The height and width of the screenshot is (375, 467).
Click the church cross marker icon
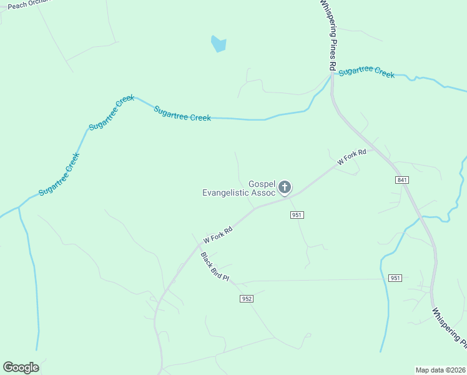285,187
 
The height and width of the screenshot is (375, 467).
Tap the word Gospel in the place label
262,184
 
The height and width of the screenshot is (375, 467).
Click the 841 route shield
402,180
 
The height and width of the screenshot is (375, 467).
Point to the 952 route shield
246,299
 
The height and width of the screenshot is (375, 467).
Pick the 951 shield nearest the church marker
297,215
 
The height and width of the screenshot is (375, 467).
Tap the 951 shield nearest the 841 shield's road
395,277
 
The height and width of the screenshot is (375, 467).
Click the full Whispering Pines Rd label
328,35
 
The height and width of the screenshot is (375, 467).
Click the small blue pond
219,44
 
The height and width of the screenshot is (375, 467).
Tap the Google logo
21,367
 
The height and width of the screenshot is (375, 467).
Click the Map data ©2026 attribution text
440,370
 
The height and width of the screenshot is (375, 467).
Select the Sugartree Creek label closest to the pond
182,113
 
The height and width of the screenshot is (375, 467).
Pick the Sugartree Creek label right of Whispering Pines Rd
366,71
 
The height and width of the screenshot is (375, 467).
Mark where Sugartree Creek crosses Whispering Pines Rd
332,75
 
